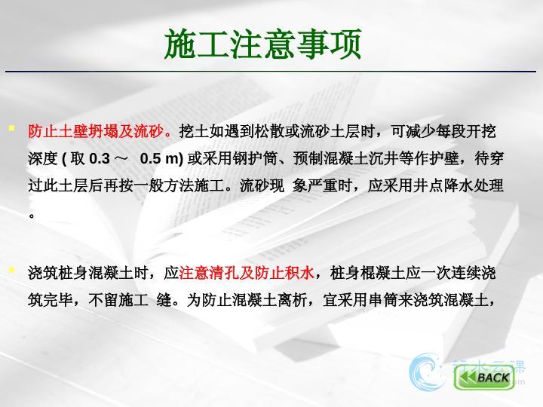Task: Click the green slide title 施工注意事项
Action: coord(263,44)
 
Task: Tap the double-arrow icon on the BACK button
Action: coord(467,378)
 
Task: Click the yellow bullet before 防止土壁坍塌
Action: coord(12,128)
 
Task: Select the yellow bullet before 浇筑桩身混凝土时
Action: coord(12,270)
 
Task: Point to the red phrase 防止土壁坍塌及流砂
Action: coord(96,131)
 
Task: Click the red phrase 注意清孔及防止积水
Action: coord(247,273)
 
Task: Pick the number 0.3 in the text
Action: coord(100,159)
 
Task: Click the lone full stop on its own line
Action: coord(32,216)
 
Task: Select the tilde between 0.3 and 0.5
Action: coord(121,159)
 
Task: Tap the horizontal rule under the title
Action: coord(271,72)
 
